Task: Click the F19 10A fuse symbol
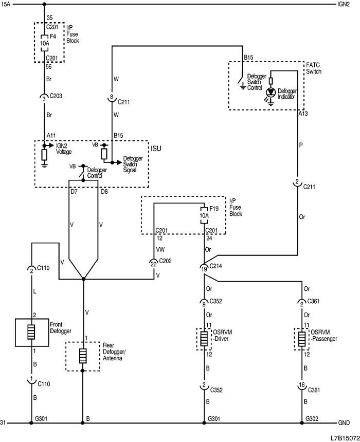tap(204, 216)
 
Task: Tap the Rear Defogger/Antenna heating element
tap(82, 356)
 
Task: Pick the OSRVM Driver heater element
tap(204, 339)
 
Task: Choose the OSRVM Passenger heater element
tap(302, 339)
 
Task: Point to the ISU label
tap(156, 148)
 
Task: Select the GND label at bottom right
tap(344, 423)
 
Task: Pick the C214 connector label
tap(218, 267)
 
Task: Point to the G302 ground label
tap(312, 419)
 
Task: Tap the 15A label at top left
tap(6, 5)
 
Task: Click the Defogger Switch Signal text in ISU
tap(133, 164)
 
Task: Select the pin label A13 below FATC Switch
tap(303, 114)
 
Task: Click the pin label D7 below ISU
tap(74, 192)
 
